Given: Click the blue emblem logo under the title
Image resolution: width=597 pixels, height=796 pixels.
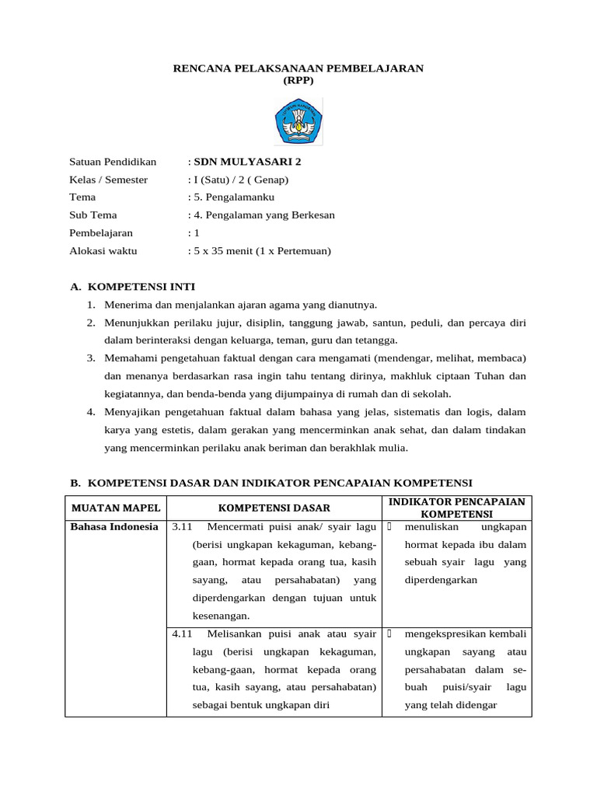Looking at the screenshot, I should pyautogui.click(x=298, y=121).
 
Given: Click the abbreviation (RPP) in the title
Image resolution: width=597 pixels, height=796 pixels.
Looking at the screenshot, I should pyautogui.click(x=298, y=81).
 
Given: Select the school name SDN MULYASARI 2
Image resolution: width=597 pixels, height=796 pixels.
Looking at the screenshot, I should pyautogui.click(x=246, y=162).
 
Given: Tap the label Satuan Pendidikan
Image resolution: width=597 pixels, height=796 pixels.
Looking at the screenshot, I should pyautogui.click(x=113, y=162).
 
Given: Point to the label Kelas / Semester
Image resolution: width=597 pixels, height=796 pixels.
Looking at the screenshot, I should pyautogui.click(x=108, y=180).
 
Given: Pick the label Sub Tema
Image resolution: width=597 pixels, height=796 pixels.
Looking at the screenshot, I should pyautogui.click(x=93, y=215).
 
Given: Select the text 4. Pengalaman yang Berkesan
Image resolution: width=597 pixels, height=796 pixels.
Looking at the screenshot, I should pyautogui.click(x=264, y=215).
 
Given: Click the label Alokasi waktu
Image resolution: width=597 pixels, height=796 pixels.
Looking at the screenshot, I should pyautogui.click(x=103, y=251).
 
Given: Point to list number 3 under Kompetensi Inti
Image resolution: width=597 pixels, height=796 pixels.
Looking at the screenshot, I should pyautogui.click(x=90, y=358).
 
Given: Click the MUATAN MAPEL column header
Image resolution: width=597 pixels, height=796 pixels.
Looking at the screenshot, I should pyautogui.click(x=116, y=508).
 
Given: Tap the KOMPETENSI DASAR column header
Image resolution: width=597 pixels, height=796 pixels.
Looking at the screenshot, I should pyautogui.click(x=274, y=508).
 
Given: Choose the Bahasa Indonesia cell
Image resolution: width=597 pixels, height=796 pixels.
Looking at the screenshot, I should pyautogui.click(x=114, y=527).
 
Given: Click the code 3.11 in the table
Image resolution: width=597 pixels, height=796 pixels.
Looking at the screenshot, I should pyautogui.click(x=182, y=527).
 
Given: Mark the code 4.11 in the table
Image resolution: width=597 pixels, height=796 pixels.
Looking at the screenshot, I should pyautogui.click(x=182, y=634).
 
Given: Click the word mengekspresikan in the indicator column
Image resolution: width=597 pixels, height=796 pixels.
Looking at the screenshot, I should pyautogui.click(x=444, y=634).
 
